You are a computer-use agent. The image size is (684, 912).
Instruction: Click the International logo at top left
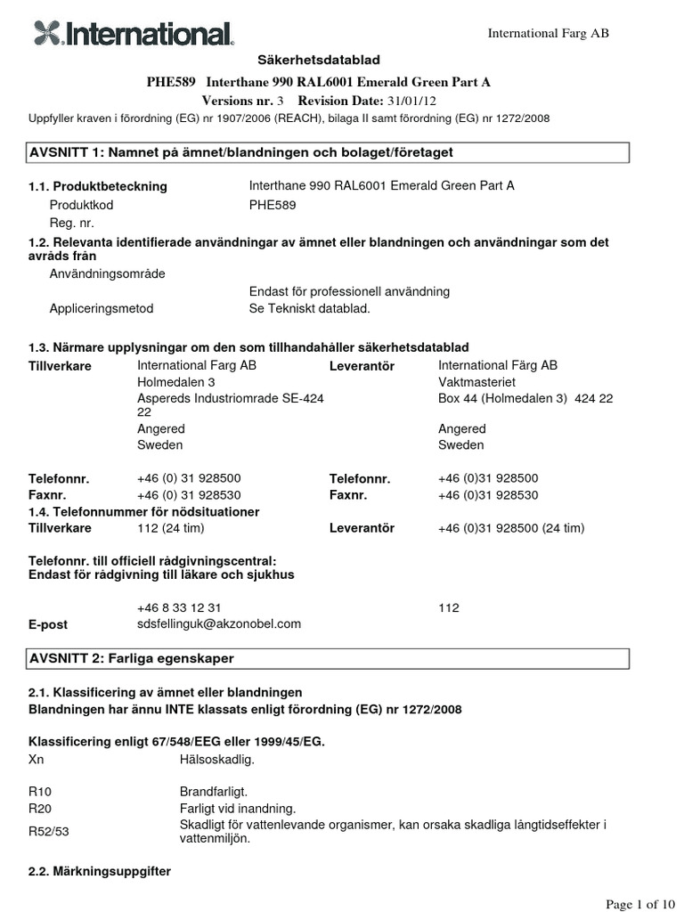pyautogui.click(x=134, y=35)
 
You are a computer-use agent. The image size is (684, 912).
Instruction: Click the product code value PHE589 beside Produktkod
pyautogui.click(x=272, y=204)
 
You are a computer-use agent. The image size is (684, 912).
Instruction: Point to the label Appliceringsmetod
pyautogui.click(x=102, y=308)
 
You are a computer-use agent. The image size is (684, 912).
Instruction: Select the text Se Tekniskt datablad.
pyautogui.click(x=308, y=308)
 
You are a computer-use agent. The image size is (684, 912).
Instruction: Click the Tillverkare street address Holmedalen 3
pyautogui.click(x=176, y=381)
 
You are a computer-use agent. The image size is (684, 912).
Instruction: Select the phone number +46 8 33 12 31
pyautogui.click(x=179, y=607)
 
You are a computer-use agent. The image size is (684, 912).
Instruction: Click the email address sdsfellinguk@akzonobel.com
pyautogui.click(x=219, y=623)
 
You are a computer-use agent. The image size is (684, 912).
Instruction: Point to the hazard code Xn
pyautogui.click(x=37, y=760)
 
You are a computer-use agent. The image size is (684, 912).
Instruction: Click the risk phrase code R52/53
pyautogui.click(x=45, y=832)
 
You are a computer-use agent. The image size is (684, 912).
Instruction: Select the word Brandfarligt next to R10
pyautogui.click(x=213, y=790)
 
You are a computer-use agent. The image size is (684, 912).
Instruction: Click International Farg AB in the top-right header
pyautogui.click(x=548, y=33)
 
